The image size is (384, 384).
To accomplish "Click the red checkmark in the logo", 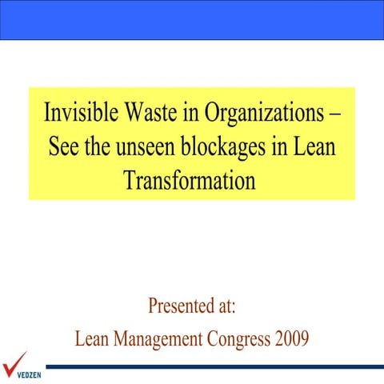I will (x=14, y=359).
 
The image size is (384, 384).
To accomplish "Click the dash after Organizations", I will (x=334, y=113).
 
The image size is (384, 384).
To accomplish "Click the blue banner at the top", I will (x=192, y=19).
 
